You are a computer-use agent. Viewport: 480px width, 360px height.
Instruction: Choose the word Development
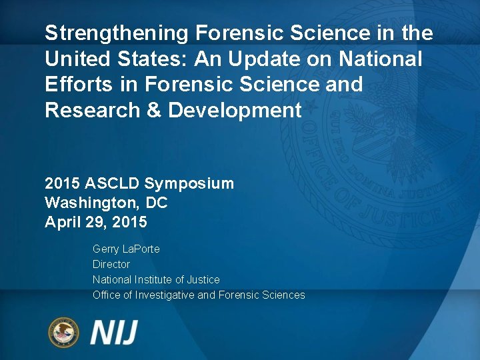coord(235,111)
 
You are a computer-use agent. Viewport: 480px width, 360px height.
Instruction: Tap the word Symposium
coord(189,183)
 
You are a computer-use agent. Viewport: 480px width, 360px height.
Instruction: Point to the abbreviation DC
coord(156,203)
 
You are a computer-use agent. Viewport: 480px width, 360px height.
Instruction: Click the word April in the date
coord(63,222)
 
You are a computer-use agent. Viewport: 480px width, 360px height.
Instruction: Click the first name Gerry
coord(106,249)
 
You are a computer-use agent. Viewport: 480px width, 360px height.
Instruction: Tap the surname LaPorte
coord(141,249)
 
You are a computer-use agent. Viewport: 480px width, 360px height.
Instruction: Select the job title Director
coord(111,264)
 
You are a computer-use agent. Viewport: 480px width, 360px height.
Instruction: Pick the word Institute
coord(158,279)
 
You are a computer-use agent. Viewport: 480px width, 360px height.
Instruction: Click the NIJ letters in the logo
coord(115,332)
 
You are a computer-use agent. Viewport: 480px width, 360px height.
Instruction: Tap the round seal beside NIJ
coord(63,332)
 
